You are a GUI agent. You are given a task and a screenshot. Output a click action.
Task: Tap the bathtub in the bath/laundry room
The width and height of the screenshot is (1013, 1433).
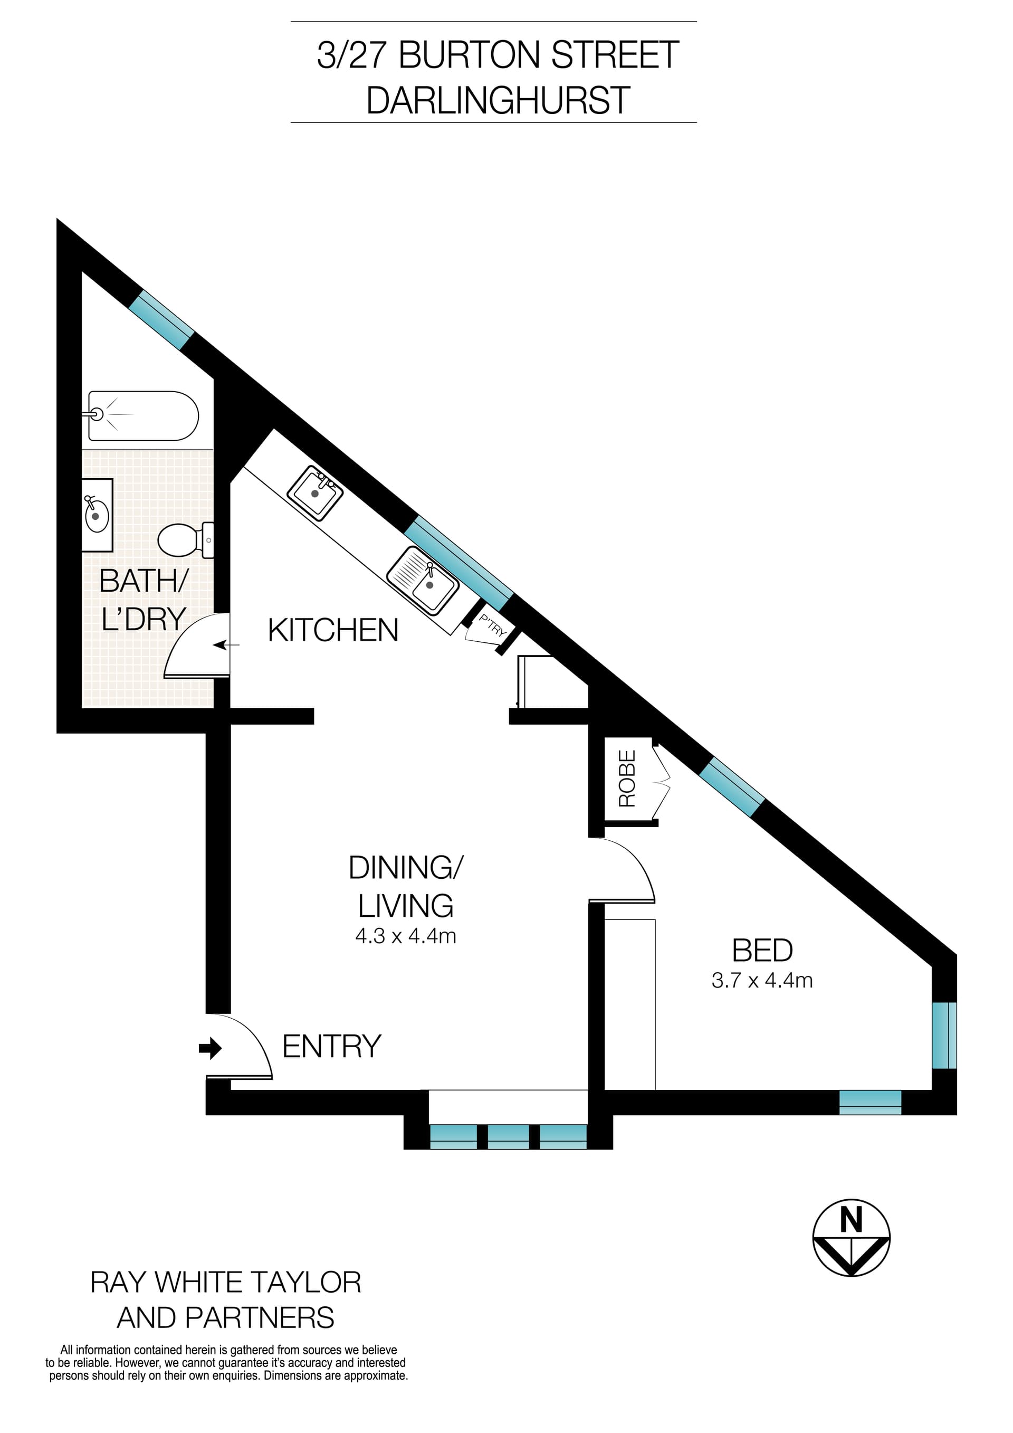144,416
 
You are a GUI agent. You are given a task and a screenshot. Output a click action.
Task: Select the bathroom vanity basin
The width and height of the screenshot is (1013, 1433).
97,516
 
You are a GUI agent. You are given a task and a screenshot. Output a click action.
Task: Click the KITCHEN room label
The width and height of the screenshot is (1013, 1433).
333,630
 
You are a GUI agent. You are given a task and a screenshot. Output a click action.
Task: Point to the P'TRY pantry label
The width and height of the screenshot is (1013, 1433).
492,626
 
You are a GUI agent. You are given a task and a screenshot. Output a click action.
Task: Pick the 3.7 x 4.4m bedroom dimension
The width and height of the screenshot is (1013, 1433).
762,981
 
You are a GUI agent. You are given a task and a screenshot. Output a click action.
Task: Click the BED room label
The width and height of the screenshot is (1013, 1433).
762,951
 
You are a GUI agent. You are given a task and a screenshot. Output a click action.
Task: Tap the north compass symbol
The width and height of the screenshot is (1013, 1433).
851,1238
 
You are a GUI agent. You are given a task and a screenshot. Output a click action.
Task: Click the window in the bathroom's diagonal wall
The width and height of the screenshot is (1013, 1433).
161,319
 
